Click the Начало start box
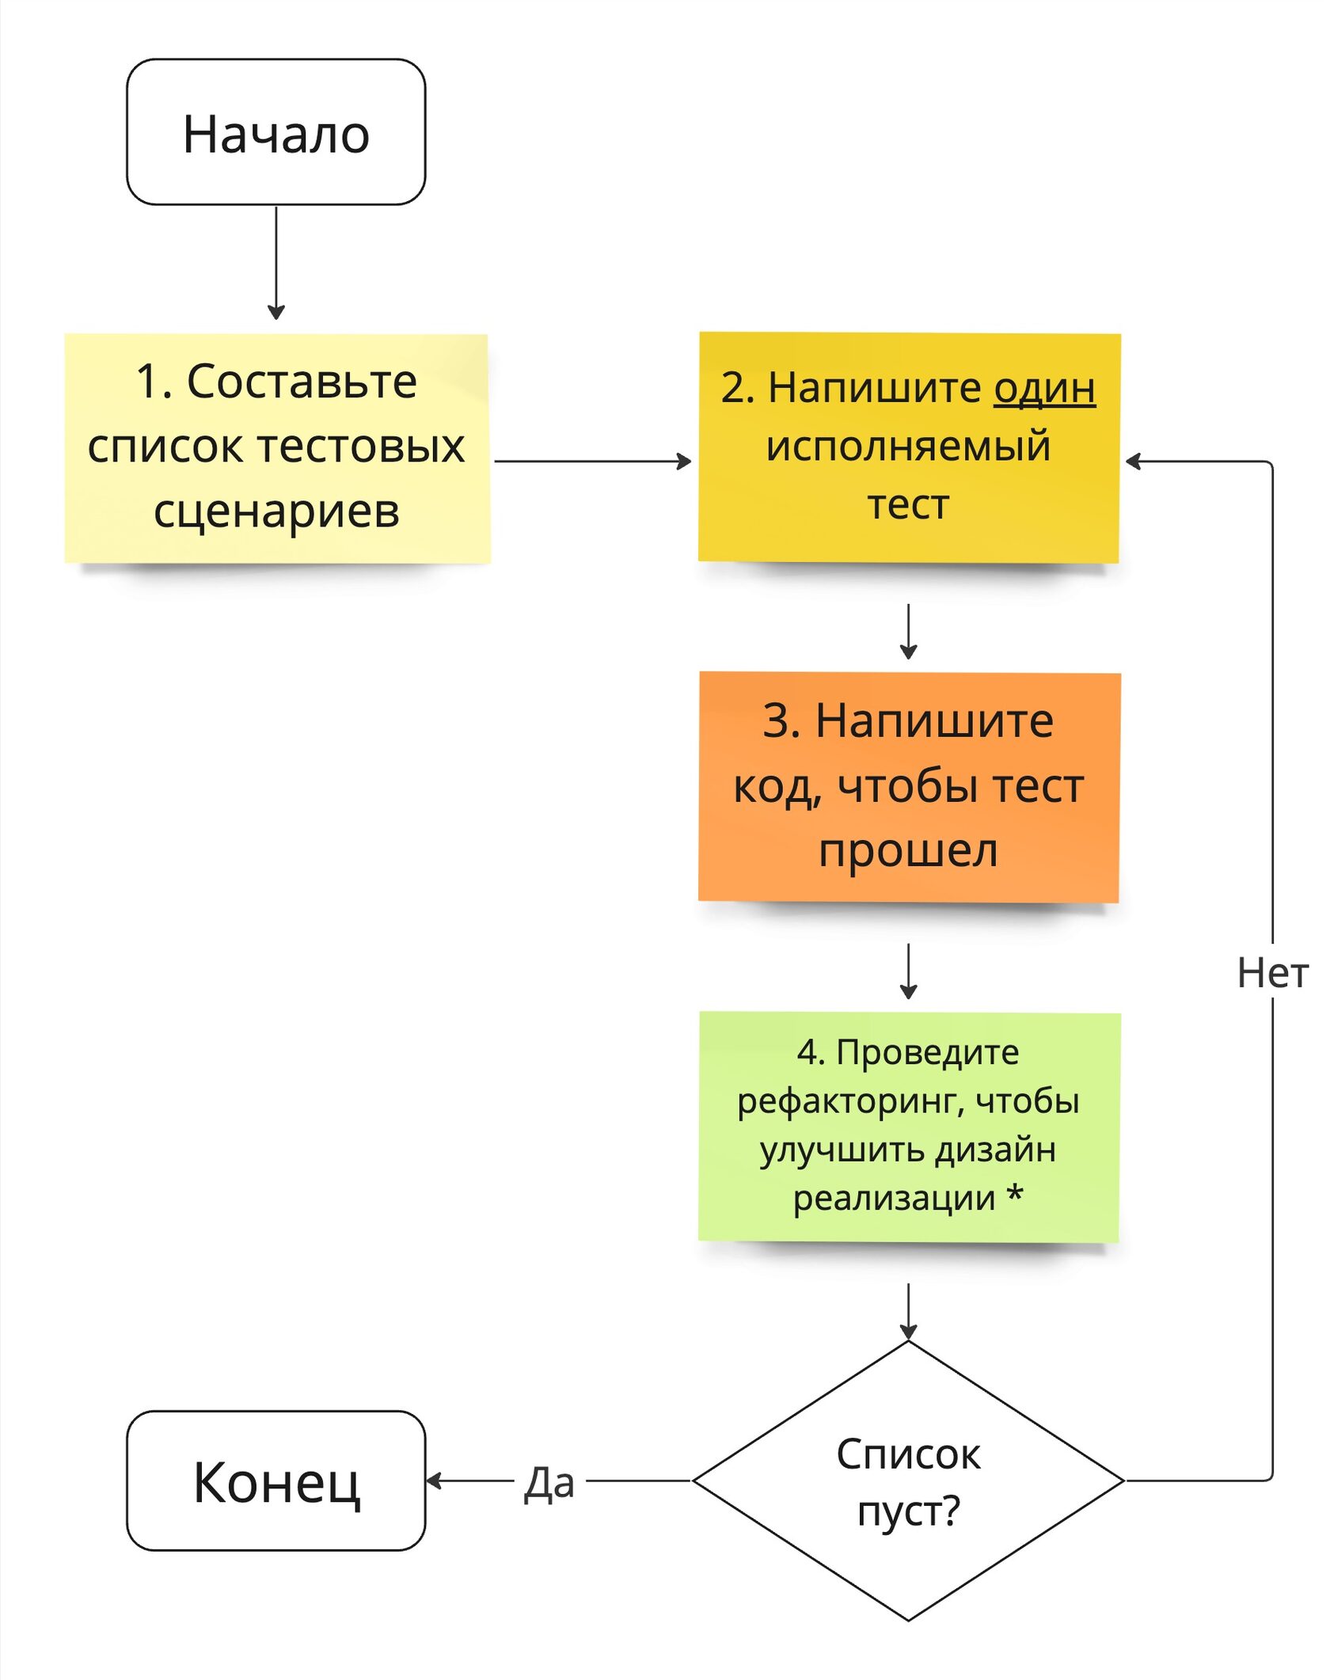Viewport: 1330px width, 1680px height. coord(275,132)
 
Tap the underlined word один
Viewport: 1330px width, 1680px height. coord(1044,389)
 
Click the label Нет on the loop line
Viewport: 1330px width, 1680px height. coord(1272,972)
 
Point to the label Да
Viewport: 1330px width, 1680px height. coord(549,1482)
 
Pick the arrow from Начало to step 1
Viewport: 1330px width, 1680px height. coord(275,261)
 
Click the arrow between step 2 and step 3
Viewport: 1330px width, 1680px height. coord(908,631)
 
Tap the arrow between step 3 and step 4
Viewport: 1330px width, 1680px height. coord(908,971)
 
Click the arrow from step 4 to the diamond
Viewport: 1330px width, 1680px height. coord(908,1310)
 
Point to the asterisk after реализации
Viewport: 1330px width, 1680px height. coord(1015,1195)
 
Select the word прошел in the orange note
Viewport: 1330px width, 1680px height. coord(908,852)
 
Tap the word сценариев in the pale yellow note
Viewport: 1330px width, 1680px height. coord(276,511)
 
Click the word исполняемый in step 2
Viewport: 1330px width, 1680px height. coord(908,446)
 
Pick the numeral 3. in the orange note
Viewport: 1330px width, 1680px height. coord(781,721)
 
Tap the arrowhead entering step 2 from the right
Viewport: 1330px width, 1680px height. coord(1133,461)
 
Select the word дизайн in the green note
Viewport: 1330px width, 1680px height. coord(995,1150)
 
